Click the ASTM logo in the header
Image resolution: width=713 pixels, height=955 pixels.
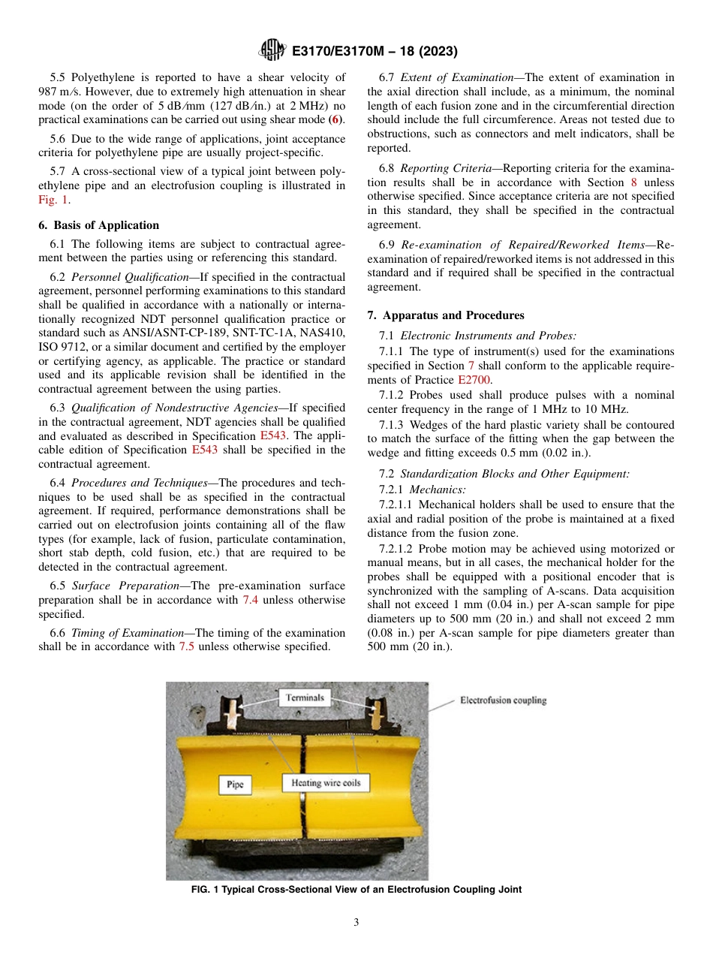point(271,51)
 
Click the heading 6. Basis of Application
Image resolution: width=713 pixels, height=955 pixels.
point(98,225)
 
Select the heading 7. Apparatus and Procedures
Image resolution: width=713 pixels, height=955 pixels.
point(445,315)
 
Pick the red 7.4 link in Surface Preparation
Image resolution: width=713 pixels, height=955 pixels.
point(251,600)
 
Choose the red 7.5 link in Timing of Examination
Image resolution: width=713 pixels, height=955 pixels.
point(187,646)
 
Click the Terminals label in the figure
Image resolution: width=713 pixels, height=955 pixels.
point(305,698)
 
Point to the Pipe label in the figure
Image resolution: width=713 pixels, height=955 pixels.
point(236,785)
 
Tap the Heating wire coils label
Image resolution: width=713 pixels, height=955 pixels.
point(326,783)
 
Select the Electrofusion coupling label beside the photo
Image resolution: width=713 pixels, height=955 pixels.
point(503,700)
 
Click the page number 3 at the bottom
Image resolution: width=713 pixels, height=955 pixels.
point(356,923)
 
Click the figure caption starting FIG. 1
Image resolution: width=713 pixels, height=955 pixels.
point(356,890)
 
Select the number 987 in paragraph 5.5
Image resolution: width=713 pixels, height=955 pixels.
point(47,92)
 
